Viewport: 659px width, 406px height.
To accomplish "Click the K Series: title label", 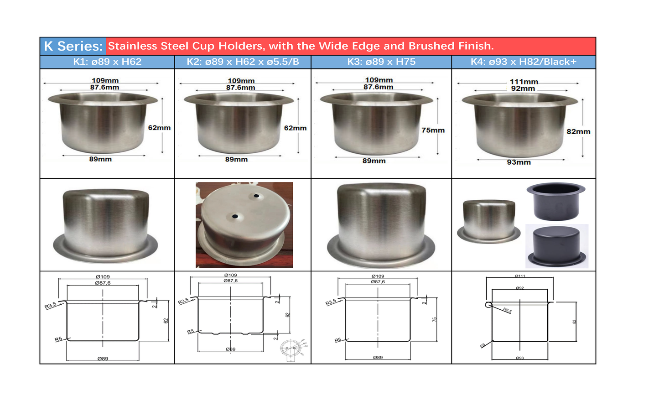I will click(x=73, y=46).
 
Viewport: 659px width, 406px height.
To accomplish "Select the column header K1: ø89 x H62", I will click(x=107, y=62).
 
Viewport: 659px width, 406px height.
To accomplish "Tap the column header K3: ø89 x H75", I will click(x=381, y=62).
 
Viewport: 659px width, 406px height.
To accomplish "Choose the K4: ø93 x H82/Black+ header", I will click(x=524, y=62).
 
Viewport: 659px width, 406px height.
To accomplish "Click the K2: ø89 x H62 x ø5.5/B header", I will click(x=243, y=62).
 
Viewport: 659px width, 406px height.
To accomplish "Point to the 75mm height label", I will click(x=433, y=130).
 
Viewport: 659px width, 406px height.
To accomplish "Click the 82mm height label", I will click(x=578, y=132).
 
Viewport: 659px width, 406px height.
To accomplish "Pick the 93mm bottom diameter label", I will click(x=519, y=162).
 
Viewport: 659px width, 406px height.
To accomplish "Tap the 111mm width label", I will click(x=524, y=82).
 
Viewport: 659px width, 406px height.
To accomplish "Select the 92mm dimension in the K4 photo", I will click(x=523, y=88).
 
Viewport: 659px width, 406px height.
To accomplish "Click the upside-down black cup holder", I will click(x=556, y=246).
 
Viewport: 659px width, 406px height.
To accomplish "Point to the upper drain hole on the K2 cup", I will click(x=257, y=196).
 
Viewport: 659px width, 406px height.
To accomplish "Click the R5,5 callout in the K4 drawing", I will click(x=507, y=311).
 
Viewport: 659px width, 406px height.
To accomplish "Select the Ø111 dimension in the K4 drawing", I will click(x=520, y=276).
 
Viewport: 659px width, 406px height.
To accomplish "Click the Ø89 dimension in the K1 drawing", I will click(x=103, y=359).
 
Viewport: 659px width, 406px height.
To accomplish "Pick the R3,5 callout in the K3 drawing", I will click(x=331, y=302).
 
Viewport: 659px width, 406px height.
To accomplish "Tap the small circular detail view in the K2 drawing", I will click(x=292, y=349).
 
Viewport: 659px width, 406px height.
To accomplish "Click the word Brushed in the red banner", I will click(x=431, y=46).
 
